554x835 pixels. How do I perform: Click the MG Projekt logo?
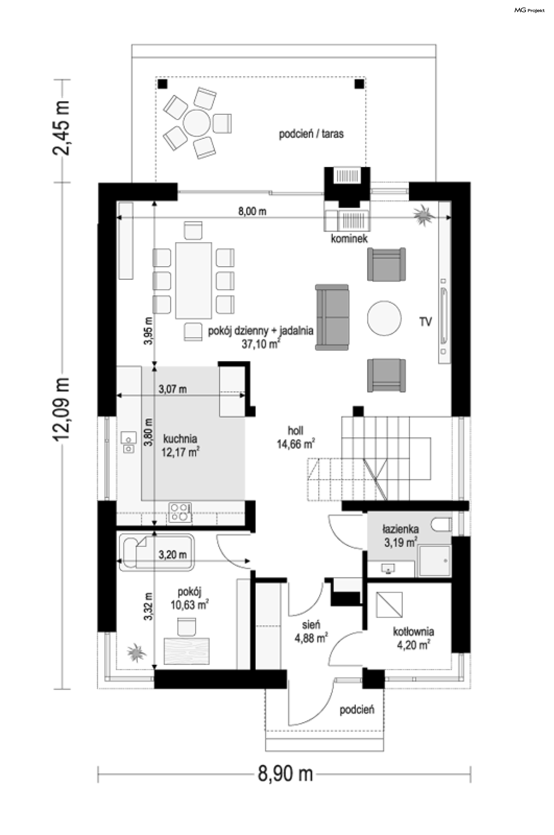coord(529,10)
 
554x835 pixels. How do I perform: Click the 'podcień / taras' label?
coord(311,134)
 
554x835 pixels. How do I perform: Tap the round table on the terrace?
coord(197,123)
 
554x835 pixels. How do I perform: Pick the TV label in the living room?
coord(425,322)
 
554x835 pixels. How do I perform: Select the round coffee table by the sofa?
coord(384,318)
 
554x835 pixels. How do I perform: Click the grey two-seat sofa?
coord(332,317)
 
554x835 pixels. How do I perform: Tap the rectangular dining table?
coord(194,280)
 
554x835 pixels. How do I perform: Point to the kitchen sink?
coord(128,442)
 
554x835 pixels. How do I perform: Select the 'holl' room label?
coord(295,430)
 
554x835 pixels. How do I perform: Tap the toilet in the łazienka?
coord(441,525)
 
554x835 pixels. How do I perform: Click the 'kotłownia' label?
coord(413,632)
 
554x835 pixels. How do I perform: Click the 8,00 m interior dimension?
coord(252,211)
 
